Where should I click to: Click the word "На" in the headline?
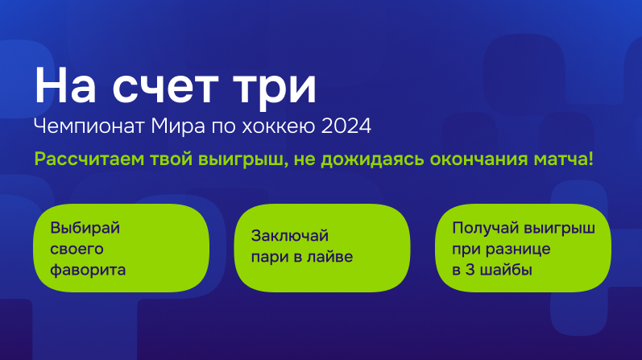65,85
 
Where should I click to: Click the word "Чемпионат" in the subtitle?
89,126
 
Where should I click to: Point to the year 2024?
346,126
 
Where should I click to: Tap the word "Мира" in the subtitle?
178,126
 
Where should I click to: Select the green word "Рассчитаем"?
89,159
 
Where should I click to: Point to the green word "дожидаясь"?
372,159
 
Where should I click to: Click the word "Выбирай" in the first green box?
85,228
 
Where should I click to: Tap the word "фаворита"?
88,271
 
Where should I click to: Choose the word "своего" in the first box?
77,249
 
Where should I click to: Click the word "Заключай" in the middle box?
290,236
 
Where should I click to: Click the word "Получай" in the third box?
484,228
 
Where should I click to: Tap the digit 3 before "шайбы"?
470,270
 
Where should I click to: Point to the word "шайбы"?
506,270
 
